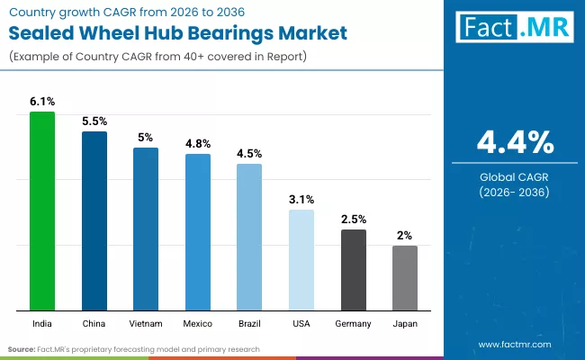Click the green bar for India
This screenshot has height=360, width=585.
(x=42, y=211)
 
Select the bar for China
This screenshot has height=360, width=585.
(x=94, y=220)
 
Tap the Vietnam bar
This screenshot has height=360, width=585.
(x=146, y=229)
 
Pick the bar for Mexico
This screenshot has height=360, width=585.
(x=198, y=231)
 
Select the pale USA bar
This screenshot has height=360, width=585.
(x=301, y=260)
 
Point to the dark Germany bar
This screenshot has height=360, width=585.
(x=353, y=269)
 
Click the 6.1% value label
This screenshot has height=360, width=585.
(x=42, y=103)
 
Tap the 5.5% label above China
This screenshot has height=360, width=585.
(x=94, y=121)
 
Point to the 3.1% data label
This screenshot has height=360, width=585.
(x=301, y=200)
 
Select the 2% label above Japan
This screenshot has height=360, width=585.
(x=405, y=235)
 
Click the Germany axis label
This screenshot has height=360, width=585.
(x=353, y=320)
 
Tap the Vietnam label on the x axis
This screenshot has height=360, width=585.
(x=146, y=320)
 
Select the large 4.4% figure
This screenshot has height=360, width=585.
(x=515, y=143)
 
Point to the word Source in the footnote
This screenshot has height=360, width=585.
(x=22, y=348)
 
